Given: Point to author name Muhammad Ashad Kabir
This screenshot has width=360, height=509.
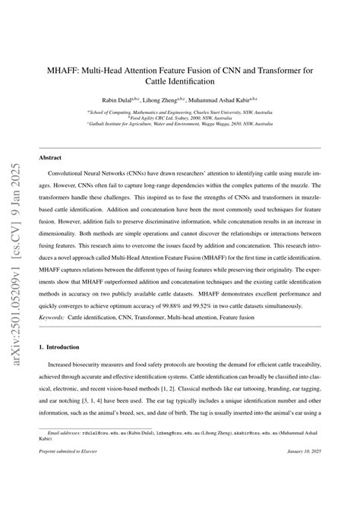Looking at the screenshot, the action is tap(232, 99).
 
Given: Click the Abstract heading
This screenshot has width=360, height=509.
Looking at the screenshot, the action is tap(51, 157).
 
